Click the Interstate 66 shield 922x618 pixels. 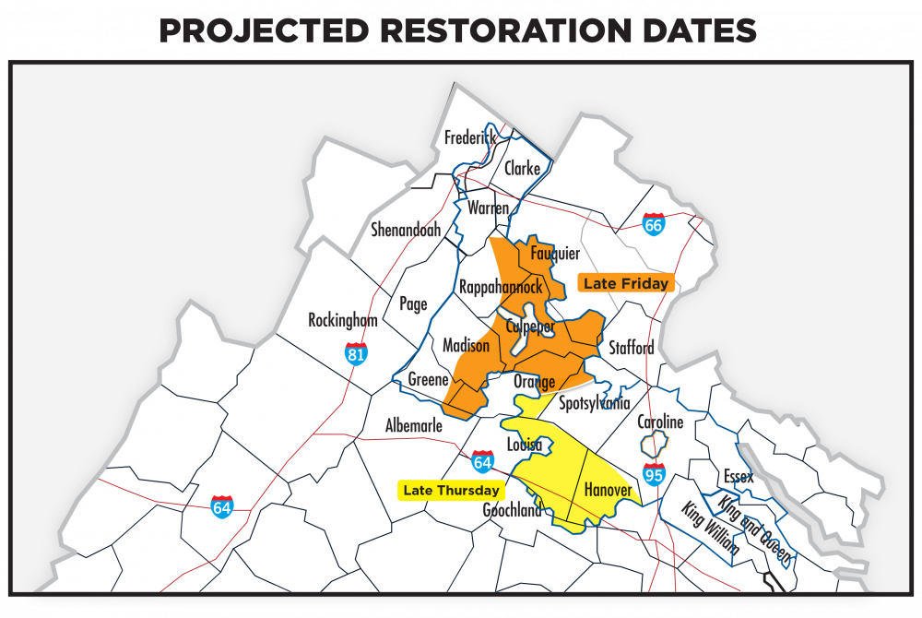tap(653, 223)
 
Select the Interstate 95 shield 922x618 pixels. tap(654, 474)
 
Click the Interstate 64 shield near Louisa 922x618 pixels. tap(482, 461)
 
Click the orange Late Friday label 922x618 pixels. tap(625, 283)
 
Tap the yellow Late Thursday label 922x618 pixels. tap(451, 491)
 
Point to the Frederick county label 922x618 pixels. tap(470, 137)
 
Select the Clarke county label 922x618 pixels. tap(522, 169)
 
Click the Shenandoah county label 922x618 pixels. tap(406, 230)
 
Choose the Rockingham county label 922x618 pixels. tap(343, 320)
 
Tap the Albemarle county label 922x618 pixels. tap(413, 426)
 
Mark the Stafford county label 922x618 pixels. tap(631, 348)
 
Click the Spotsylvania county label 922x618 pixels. tap(595, 403)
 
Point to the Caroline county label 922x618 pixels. tap(660, 422)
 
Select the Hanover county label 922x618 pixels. tap(608, 490)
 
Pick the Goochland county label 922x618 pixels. tap(512, 510)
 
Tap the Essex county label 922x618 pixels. tap(739, 476)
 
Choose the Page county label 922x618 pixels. tap(413, 303)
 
